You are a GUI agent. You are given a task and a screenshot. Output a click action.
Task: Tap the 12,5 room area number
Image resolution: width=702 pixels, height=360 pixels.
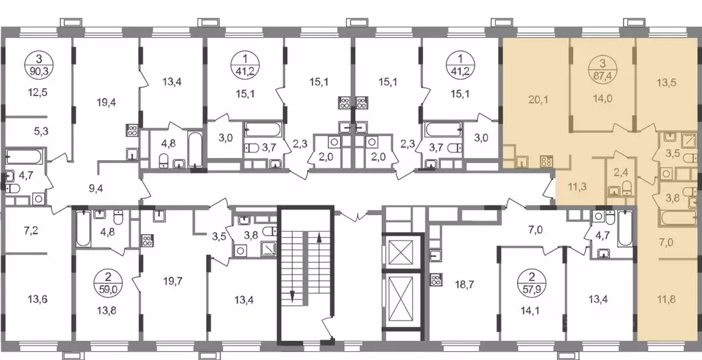click(38, 93)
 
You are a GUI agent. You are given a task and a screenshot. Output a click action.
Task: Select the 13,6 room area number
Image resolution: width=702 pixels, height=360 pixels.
click(34, 299)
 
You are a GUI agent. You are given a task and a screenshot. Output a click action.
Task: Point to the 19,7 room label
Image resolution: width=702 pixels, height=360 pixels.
click(172, 282)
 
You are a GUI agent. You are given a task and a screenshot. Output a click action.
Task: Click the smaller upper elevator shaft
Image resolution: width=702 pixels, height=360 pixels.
click(403, 254)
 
